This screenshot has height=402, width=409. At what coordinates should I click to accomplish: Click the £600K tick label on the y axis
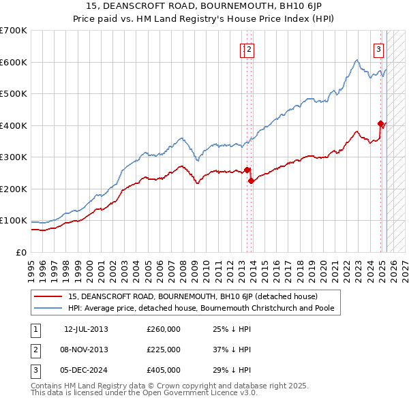coord(14,62)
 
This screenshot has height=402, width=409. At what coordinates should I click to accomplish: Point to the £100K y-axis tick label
coord(14,221)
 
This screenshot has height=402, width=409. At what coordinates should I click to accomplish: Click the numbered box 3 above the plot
coord(378,48)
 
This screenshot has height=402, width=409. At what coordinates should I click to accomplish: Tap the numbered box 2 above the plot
coord(249,48)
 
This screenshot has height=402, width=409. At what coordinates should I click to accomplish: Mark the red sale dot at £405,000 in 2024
coord(380,123)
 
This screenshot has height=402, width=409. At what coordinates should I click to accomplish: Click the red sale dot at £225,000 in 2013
coord(251,181)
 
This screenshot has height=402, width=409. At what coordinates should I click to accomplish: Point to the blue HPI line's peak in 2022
coord(357,61)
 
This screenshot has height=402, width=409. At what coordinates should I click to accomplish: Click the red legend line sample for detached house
coord(48,296)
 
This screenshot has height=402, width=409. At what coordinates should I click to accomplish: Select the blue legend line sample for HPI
coord(48,308)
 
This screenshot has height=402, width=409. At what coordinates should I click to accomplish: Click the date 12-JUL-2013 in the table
coord(86,330)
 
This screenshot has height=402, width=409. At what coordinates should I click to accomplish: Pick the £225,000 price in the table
coord(164,350)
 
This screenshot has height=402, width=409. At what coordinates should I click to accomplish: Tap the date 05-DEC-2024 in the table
coord(86,370)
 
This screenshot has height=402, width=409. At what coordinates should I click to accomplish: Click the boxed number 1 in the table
coord(35,330)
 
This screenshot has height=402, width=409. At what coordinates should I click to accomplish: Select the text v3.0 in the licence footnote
coord(245,393)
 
